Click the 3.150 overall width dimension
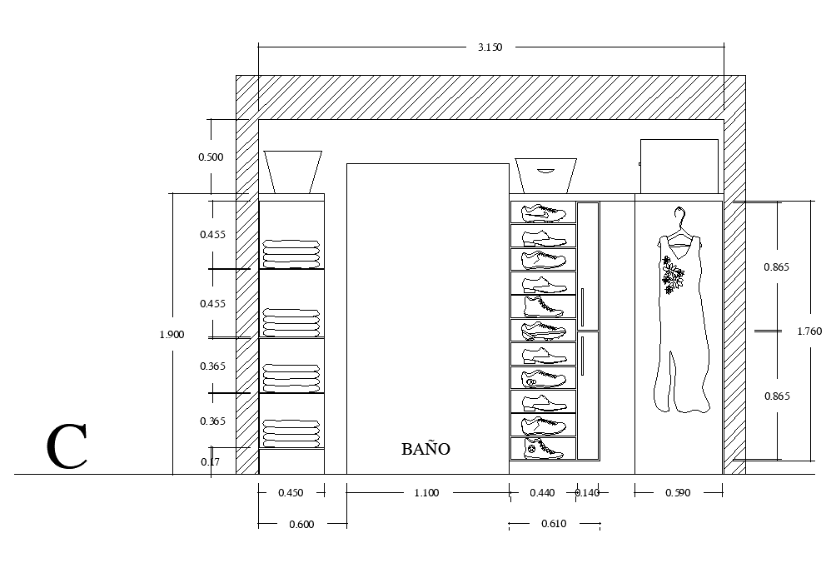click(x=490, y=47)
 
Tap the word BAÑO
click(x=425, y=449)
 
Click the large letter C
click(x=67, y=447)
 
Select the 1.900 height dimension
click(x=172, y=334)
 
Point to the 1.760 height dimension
click(x=809, y=331)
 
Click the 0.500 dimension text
click(x=211, y=157)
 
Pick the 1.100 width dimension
click(x=425, y=493)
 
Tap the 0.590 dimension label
click(x=678, y=493)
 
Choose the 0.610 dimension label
click(x=554, y=524)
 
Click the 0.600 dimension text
click(x=301, y=524)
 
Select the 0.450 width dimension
click(x=291, y=493)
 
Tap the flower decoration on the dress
click(x=672, y=274)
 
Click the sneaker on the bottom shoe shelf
click(x=544, y=449)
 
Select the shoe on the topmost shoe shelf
click(x=543, y=213)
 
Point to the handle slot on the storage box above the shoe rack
click(x=545, y=171)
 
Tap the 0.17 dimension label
click(x=211, y=462)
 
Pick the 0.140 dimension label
click(x=587, y=493)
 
